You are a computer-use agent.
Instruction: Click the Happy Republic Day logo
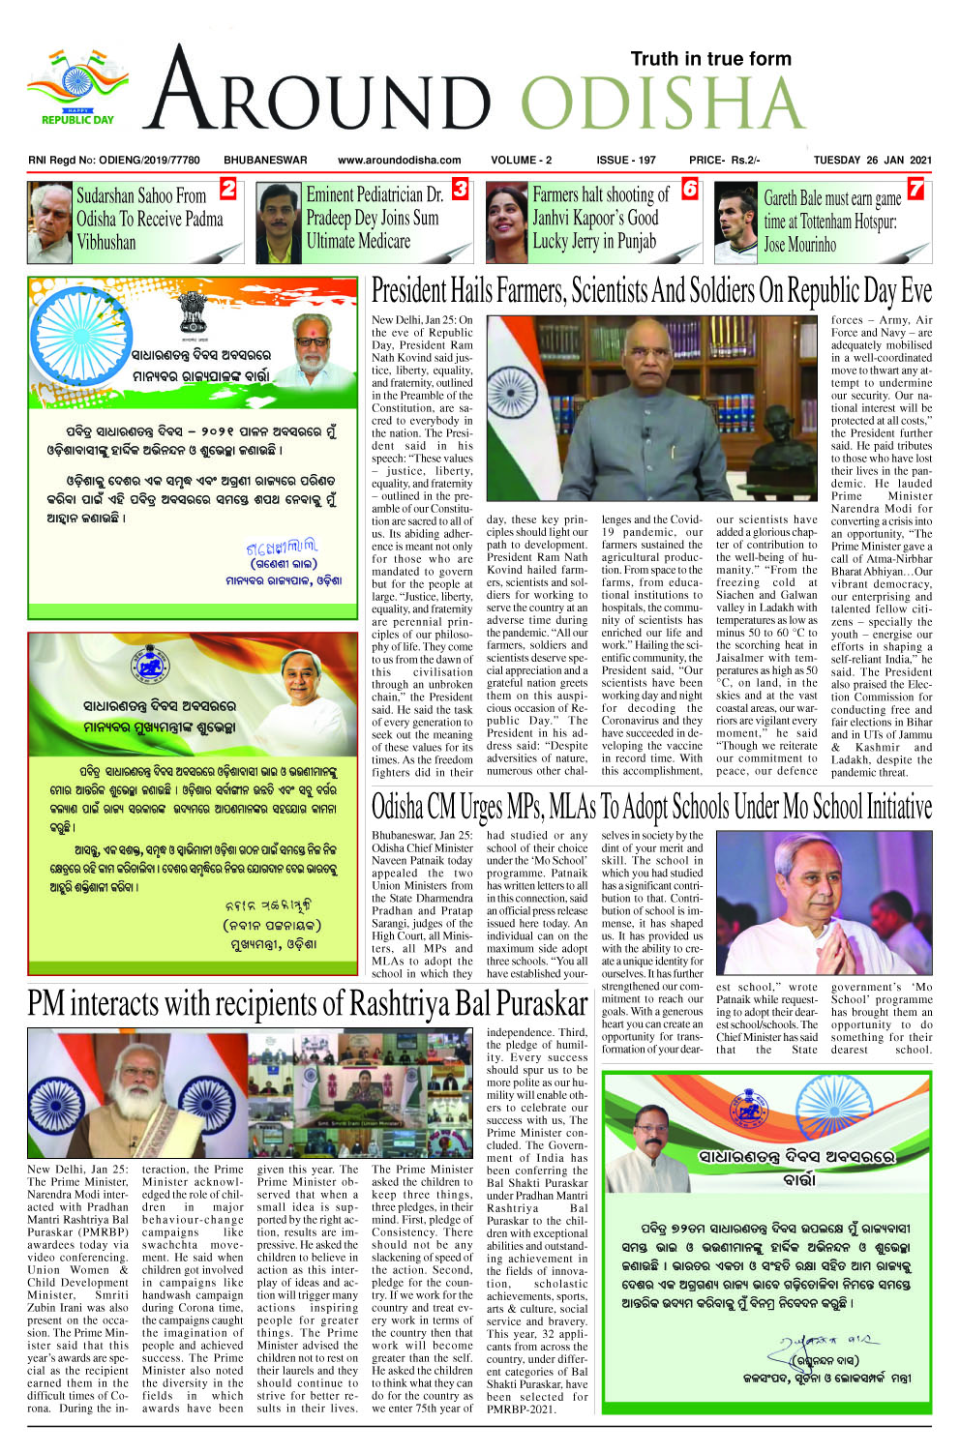coord(77,89)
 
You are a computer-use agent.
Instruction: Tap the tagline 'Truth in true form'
coord(710,59)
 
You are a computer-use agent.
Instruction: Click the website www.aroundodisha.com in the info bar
coord(399,161)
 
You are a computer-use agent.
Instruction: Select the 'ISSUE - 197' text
coord(625,161)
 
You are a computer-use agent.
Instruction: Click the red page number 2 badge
coord(228,189)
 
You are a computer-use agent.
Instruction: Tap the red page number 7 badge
coord(915,189)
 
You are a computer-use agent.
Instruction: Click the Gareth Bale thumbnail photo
coord(735,222)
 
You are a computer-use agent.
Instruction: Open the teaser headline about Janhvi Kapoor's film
coord(600,219)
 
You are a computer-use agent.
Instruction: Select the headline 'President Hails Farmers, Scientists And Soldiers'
coord(651,291)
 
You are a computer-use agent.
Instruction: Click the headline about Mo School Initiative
coord(651,806)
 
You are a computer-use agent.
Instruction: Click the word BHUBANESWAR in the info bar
coord(265,161)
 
